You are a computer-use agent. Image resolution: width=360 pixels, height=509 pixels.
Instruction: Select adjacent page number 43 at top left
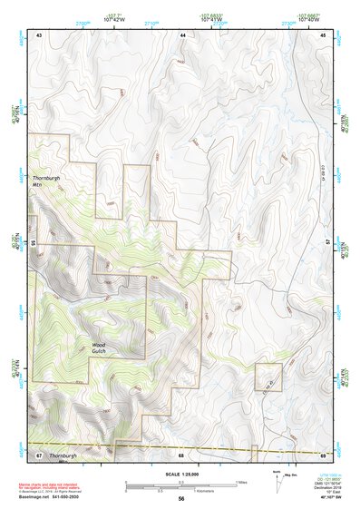tap(39, 34)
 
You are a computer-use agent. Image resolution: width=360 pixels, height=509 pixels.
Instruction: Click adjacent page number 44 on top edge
tap(182, 34)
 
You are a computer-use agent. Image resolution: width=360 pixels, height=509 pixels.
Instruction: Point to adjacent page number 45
tap(324, 34)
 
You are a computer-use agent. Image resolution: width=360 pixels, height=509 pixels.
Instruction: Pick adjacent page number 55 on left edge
tap(34, 243)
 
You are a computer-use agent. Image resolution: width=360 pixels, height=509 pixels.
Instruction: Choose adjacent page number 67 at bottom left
tap(39, 453)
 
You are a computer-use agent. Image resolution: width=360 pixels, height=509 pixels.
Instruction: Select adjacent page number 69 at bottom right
tap(324, 453)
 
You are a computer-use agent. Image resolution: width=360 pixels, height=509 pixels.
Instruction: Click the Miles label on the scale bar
tap(240, 482)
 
